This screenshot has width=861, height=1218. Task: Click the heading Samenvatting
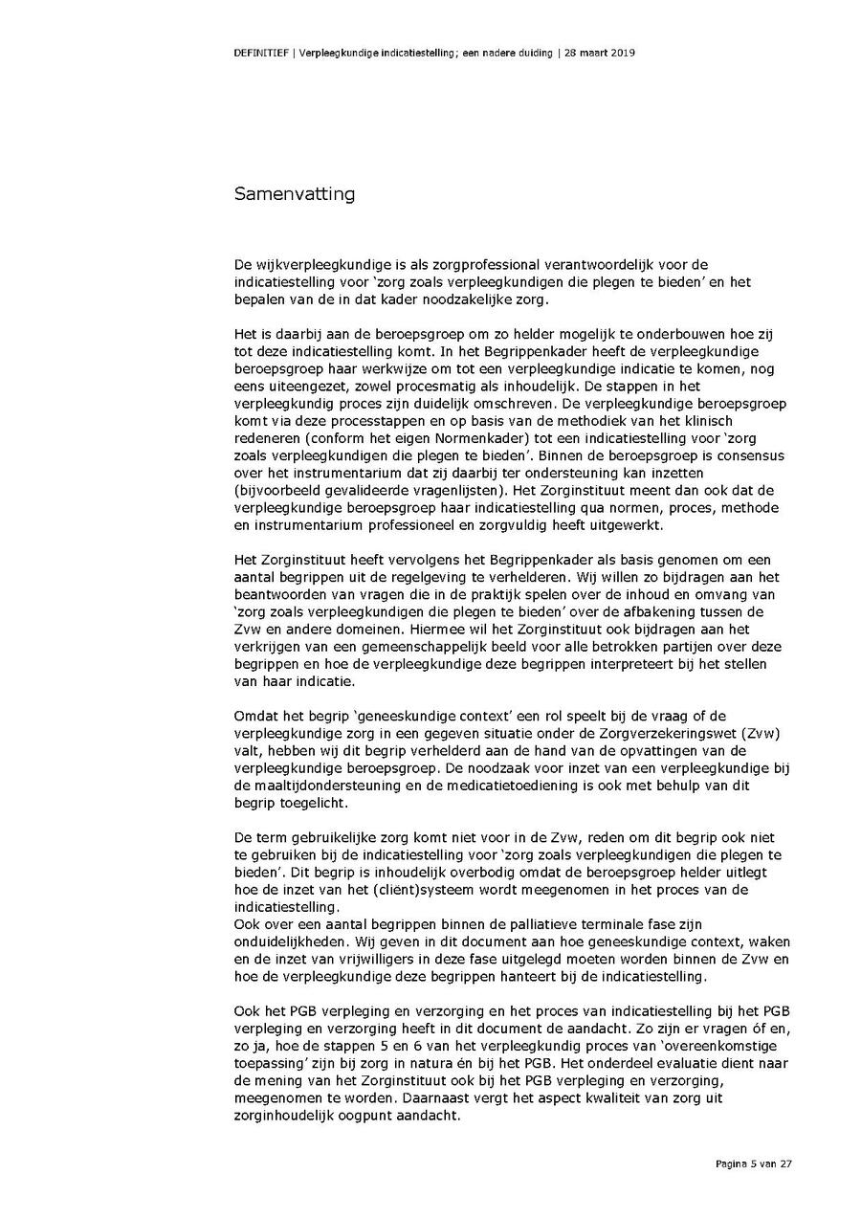point(295,194)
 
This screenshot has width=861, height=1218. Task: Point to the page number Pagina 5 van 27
point(754,1163)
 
